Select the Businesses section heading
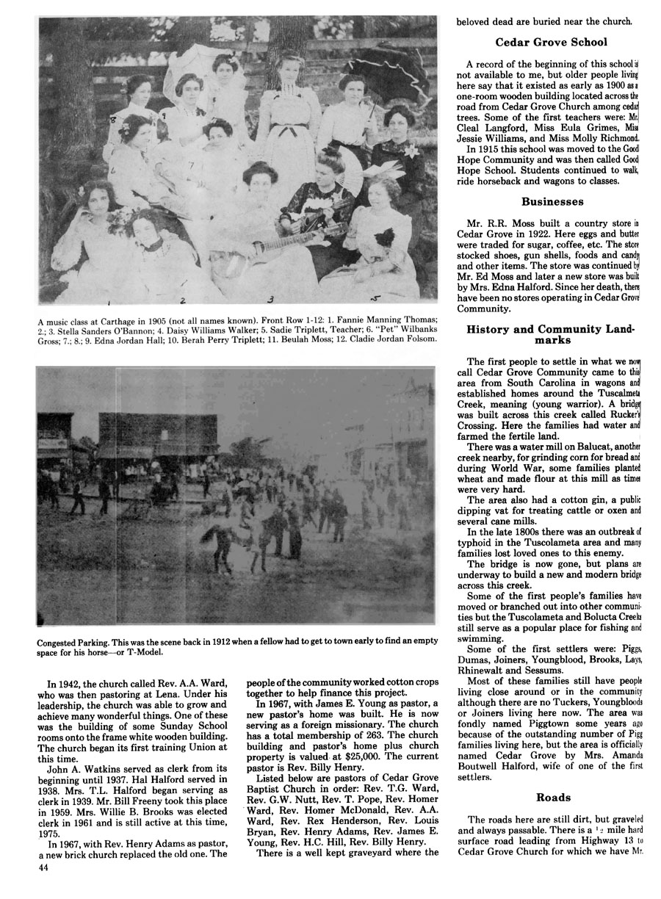click(x=552, y=201)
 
